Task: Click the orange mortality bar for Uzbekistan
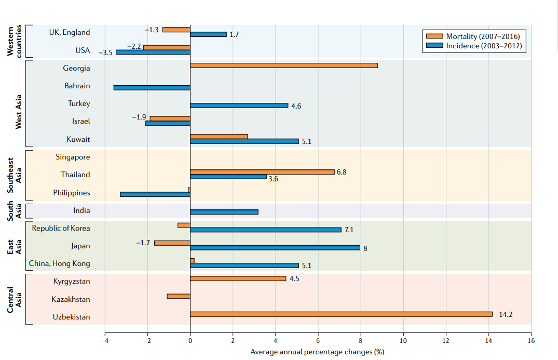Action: point(341,314)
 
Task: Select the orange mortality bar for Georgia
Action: point(283,65)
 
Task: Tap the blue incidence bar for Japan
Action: point(275,247)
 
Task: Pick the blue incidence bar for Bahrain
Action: point(152,88)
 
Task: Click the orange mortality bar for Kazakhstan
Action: point(179,296)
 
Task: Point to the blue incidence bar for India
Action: point(224,212)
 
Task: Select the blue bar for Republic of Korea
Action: point(266,230)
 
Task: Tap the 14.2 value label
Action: point(506,314)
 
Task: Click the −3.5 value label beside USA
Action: point(105,53)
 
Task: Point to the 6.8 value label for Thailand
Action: point(342,172)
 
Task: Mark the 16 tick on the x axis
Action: point(531,340)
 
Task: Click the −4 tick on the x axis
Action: point(105,340)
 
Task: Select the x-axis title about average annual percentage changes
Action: point(317,352)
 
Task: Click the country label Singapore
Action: point(73,157)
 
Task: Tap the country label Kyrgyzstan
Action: point(71,281)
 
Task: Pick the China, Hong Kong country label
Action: point(59,263)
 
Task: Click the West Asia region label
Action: point(18,112)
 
